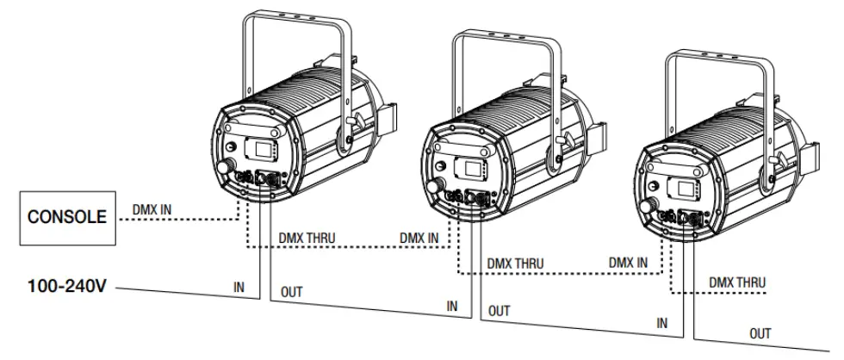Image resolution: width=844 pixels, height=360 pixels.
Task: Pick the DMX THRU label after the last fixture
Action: (737, 282)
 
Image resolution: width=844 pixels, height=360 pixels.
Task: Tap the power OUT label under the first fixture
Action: (293, 293)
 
